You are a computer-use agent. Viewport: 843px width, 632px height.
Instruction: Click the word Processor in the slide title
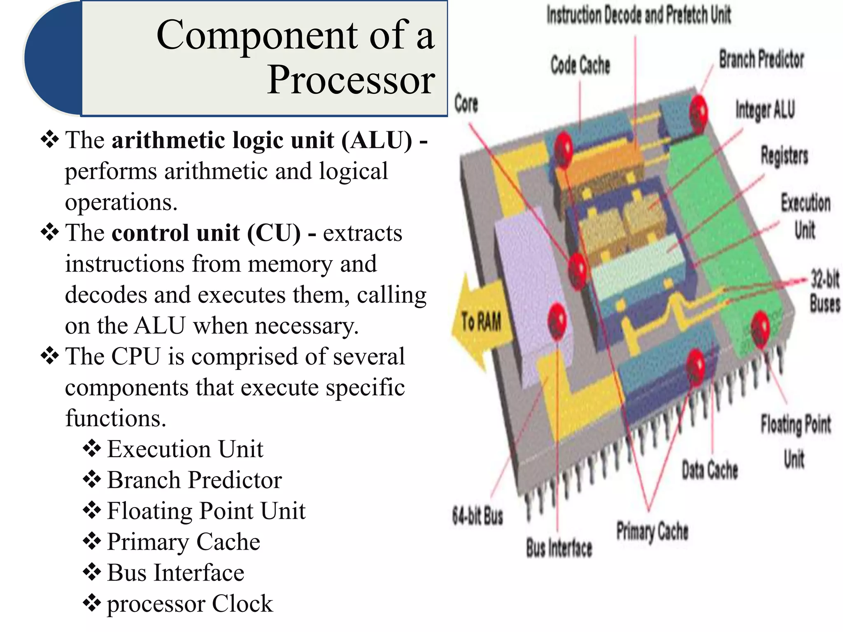tap(351, 80)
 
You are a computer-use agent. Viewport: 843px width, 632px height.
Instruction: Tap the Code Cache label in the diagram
tap(580, 65)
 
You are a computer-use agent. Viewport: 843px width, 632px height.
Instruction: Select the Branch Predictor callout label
tap(761, 59)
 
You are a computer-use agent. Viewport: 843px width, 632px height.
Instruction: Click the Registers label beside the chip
tap(784, 156)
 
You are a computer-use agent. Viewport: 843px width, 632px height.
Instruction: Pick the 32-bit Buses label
tap(824, 291)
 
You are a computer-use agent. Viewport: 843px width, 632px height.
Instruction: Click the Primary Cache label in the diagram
tap(652, 531)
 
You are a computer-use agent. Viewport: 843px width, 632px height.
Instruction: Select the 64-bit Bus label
tap(477, 516)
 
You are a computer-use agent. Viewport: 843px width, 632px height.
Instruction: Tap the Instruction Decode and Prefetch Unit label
tap(638, 15)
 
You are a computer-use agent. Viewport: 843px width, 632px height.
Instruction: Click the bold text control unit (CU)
tap(206, 233)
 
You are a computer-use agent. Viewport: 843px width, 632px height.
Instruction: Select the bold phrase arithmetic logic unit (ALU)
tap(262, 140)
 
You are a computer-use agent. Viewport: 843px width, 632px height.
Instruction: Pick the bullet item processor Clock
tap(190, 604)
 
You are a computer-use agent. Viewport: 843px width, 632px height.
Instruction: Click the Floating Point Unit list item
tap(206, 511)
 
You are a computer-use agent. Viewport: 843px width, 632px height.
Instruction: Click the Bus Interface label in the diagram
tap(559, 548)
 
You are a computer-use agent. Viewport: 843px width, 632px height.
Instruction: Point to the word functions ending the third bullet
tap(116, 418)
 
